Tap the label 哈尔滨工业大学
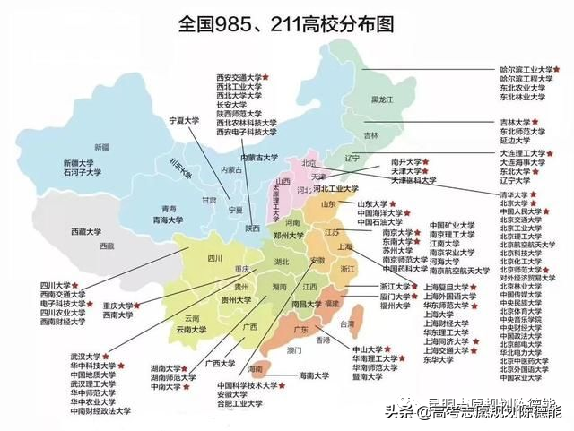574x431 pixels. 525,68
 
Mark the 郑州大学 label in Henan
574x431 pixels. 290,234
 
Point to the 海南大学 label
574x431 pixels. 318,375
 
